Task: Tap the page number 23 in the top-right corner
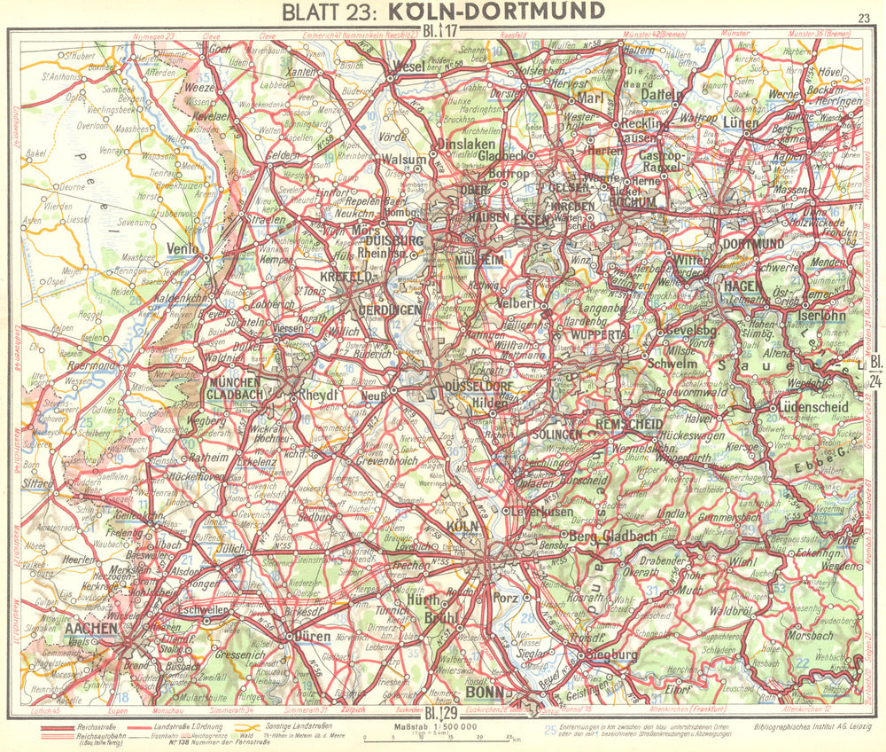pos(864,18)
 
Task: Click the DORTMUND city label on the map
pos(752,243)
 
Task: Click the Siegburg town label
pos(612,655)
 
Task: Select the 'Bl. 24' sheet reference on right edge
pos(873,372)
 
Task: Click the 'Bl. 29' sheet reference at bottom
pos(440,713)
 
